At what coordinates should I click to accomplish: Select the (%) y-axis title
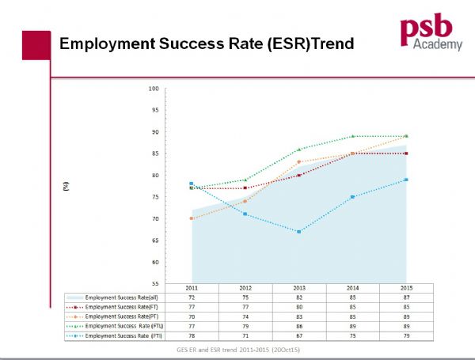point(67,187)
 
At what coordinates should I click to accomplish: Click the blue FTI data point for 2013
point(299,232)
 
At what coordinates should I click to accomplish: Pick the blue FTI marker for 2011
point(192,184)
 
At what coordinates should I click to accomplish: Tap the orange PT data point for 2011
point(192,218)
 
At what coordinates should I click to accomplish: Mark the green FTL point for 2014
point(352,136)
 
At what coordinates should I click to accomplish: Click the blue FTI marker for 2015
point(406,180)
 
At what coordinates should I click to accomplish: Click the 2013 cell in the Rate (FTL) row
point(298,326)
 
